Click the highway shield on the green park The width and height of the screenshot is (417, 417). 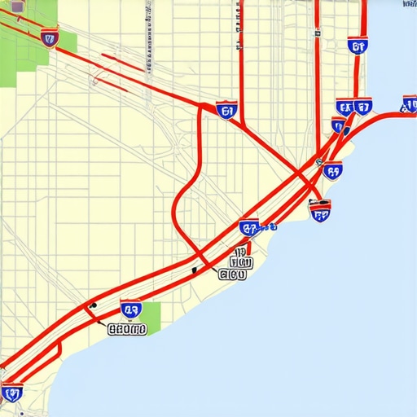pyautogui.click(x=50, y=37)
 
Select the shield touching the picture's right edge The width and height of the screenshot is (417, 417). pyautogui.click(x=409, y=103)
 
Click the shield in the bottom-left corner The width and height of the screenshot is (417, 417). pyautogui.click(x=11, y=393)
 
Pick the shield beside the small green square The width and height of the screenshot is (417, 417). pyautogui.click(x=130, y=309)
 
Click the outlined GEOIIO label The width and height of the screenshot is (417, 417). pyautogui.click(x=127, y=330)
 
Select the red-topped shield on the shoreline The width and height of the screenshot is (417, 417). pyautogui.click(x=320, y=213)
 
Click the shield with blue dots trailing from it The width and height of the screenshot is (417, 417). pyautogui.click(x=249, y=229)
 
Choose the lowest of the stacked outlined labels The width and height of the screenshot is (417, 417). pyautogui.click(x=233, y=275)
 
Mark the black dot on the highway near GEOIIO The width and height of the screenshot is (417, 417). pyautogui.click(x=92, y=306)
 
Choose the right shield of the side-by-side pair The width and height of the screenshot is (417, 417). pyautogui.click(x=363, y=106)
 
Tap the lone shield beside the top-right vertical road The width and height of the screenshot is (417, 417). pyautogui.click(x=357, y=46)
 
